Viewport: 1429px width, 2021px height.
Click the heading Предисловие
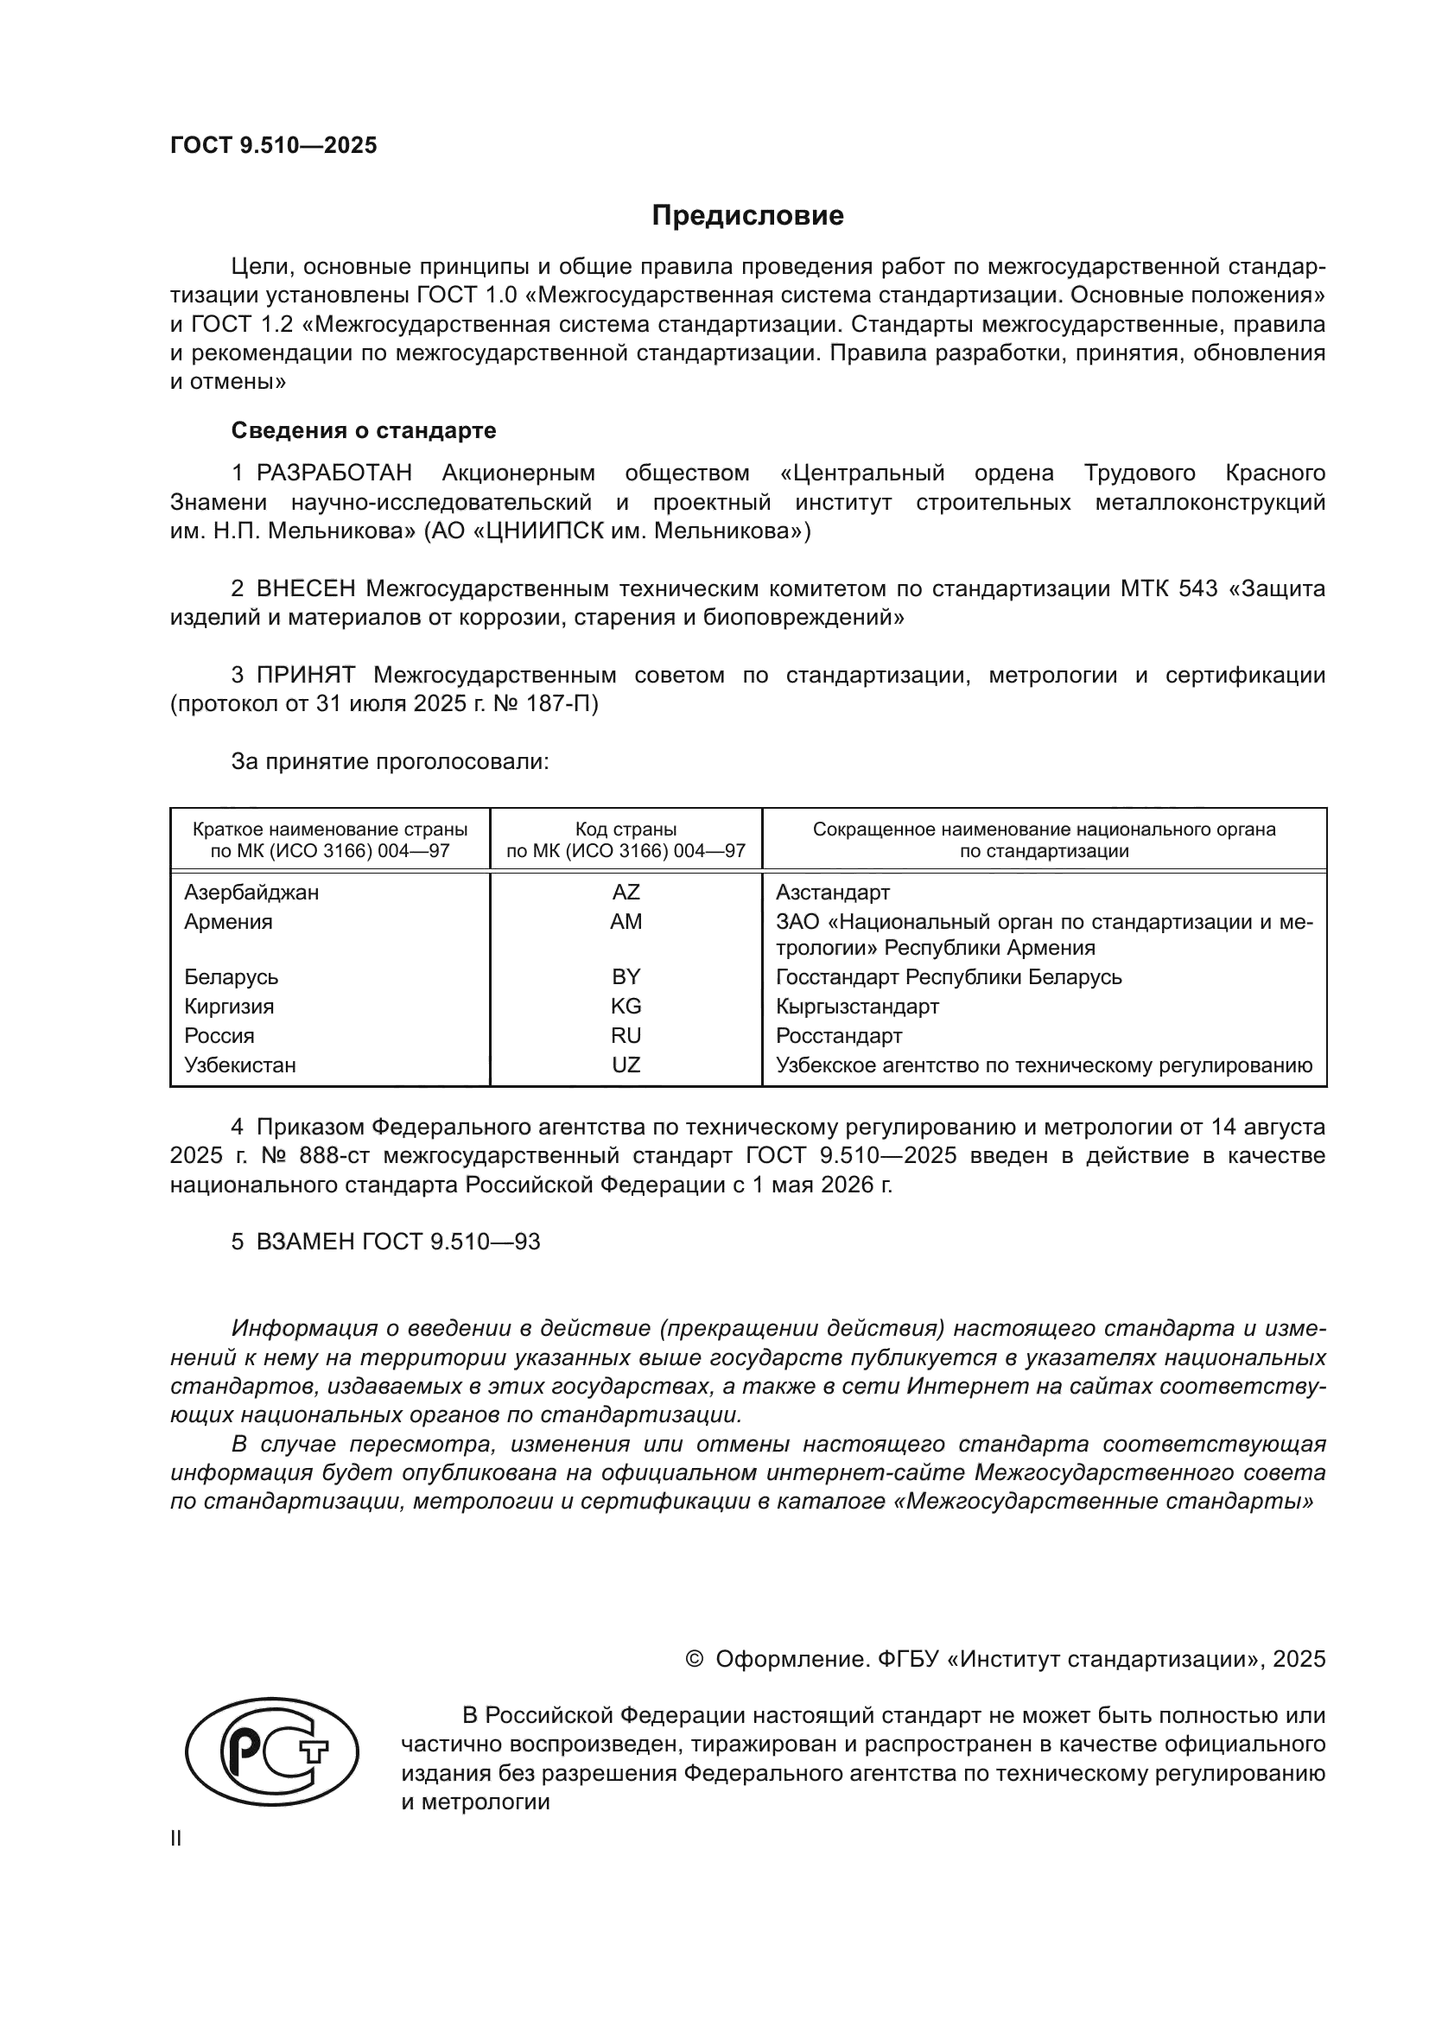[x=747, y=216]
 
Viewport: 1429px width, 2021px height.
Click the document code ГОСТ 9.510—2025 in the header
[x=274, y=145]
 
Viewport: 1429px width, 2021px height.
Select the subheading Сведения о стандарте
[x=364, y=430]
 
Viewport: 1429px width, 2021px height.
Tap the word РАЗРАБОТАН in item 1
[x=333, y=473]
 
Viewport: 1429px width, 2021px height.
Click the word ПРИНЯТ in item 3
[x=305, y=675]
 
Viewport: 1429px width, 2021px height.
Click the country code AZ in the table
[x=626, y=893]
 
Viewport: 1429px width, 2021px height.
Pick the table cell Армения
[x=228, y=922]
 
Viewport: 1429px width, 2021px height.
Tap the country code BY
[x=626, y=977]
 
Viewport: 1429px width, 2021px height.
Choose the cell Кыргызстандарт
[x=857, y=1006]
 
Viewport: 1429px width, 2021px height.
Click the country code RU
[x=626, y=1035]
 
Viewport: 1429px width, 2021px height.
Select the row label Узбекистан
[x=239, y=1065]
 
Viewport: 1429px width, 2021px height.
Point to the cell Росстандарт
[x=839, y=1035]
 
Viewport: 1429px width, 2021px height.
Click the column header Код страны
[x=626, y=829]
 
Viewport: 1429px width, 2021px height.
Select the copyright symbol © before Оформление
[x=694, y=1659]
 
